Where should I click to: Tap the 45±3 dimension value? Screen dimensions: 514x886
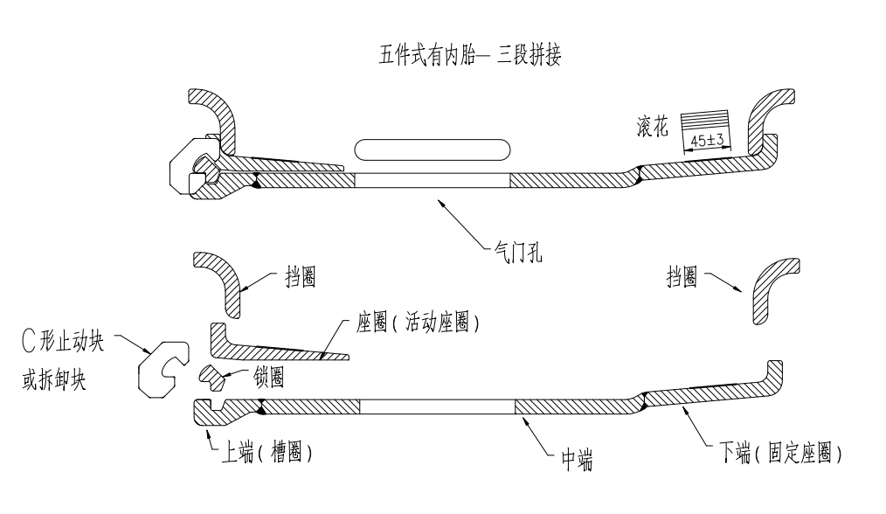[x=706, y=141]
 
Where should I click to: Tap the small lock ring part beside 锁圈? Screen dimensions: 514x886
[x=212, y=378]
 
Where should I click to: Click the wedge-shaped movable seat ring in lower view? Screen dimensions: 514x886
[x=262, y=344]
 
